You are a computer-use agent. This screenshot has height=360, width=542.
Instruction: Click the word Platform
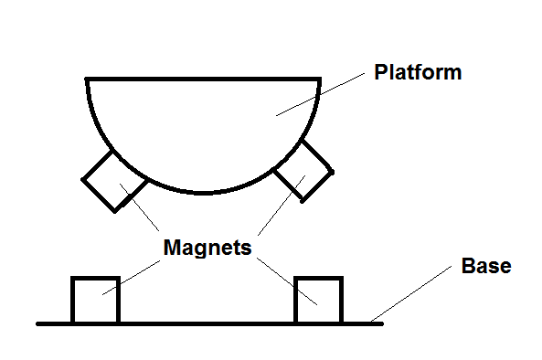point(418,72)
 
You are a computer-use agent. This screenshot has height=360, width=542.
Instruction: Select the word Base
point(485,267)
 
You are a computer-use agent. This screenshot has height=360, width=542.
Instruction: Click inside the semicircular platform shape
point(204,128)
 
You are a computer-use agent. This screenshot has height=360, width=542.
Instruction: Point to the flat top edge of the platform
point(204,79)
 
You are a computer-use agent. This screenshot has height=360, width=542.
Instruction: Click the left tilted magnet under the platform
point(113,180)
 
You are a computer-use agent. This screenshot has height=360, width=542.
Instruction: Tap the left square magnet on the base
point(95,300)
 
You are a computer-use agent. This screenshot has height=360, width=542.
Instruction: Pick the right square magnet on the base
point(318,300)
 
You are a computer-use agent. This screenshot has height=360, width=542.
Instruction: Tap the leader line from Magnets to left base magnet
point(133,275)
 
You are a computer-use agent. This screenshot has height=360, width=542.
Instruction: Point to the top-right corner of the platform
point(321,79)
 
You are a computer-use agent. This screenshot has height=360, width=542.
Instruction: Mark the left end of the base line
point(38,323)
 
